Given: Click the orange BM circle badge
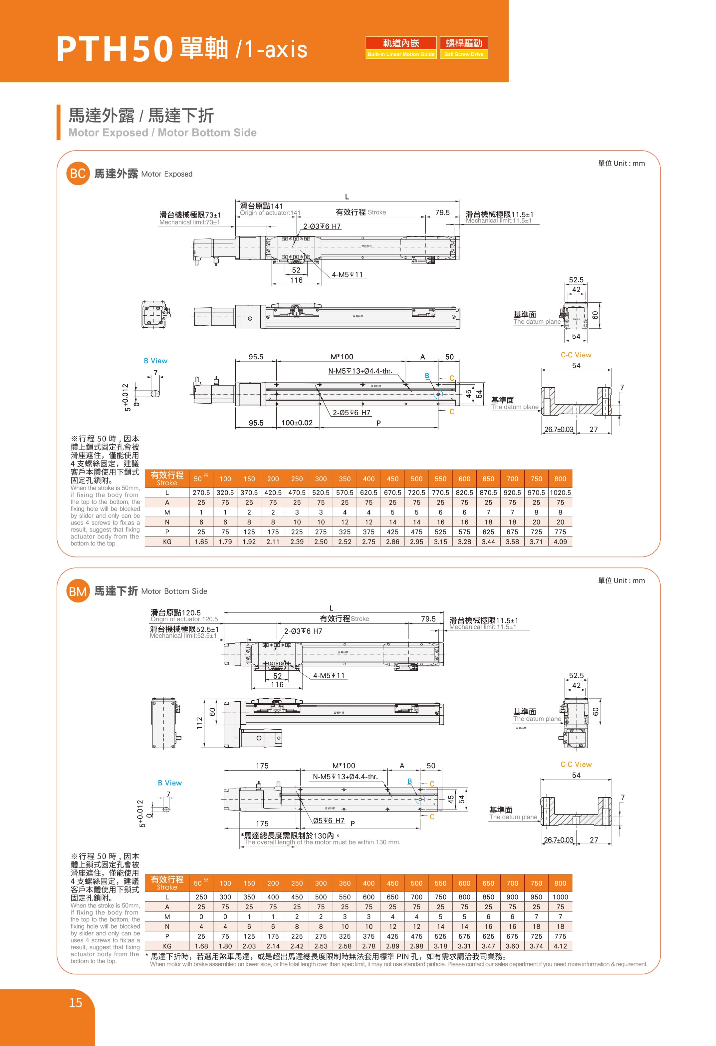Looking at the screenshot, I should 78,591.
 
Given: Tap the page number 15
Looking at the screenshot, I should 76,1003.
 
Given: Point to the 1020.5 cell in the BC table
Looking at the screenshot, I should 560,493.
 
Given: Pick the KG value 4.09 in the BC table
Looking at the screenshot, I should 560,541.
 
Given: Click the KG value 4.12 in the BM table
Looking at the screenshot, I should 560,946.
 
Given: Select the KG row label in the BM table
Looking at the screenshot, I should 167,946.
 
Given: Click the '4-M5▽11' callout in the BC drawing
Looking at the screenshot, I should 347,274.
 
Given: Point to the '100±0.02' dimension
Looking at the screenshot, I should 297,423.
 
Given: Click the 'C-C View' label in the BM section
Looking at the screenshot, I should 576,764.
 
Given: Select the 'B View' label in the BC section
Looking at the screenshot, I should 155,361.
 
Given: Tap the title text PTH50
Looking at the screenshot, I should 115,49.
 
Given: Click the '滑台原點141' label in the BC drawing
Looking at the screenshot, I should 261,206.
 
